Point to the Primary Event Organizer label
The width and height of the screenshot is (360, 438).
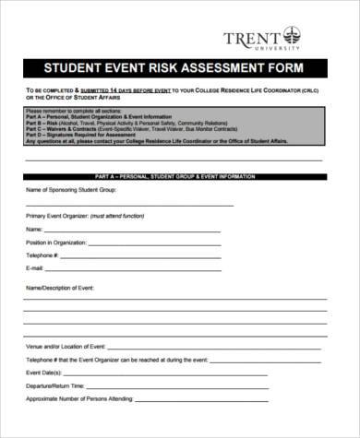[x=56, y=214]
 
